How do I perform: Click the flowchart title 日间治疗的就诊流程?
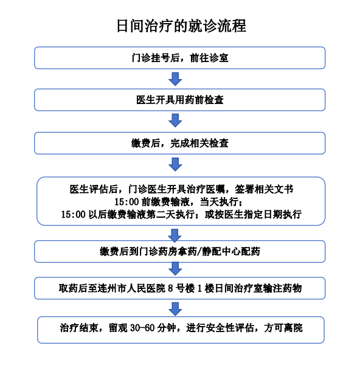181,26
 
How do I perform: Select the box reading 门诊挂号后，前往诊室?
180,58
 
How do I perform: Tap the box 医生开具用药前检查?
180,100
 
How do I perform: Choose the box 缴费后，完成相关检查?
180,143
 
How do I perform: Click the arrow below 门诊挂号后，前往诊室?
175,79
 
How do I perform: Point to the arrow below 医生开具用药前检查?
175,120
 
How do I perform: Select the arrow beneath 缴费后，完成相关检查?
175,164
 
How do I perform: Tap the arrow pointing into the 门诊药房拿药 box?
175,235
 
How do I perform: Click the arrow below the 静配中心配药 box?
175,269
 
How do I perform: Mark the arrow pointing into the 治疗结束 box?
175,309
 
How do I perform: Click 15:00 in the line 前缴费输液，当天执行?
126,202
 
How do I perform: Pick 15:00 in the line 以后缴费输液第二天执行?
73,215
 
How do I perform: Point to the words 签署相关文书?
265,189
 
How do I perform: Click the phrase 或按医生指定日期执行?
253,215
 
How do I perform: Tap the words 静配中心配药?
231,252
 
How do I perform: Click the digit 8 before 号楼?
171,288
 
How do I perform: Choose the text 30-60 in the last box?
142,328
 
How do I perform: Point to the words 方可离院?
283,328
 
